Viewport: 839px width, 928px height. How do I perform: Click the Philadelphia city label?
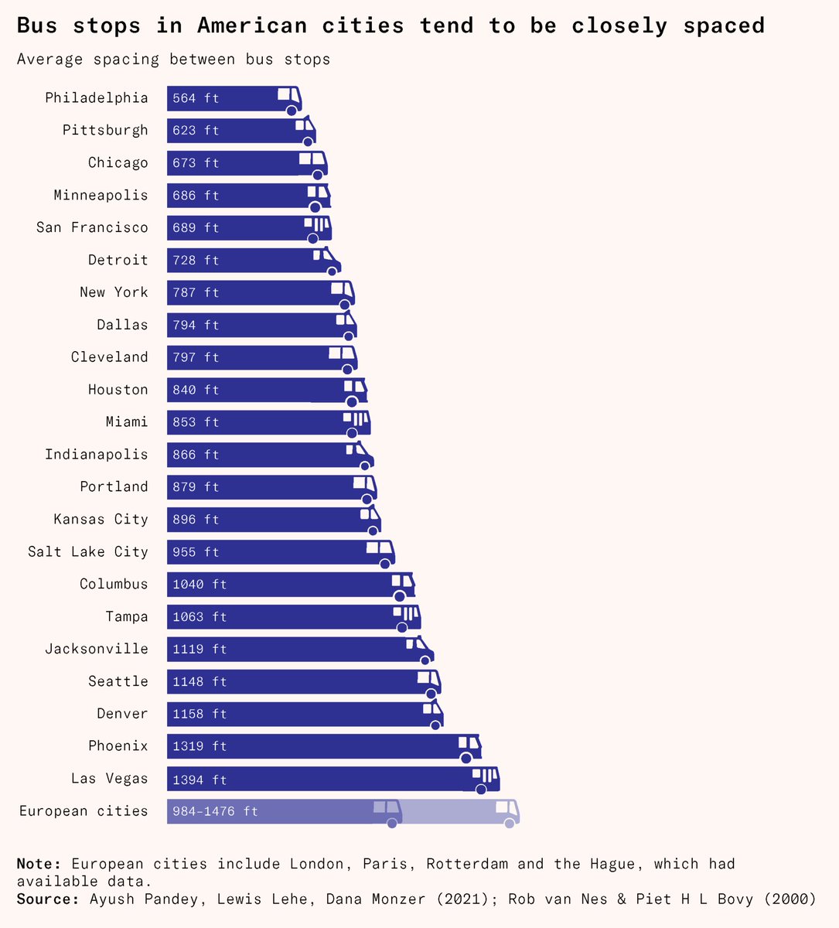(96, 97)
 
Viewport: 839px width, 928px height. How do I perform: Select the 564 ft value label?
(196, 98)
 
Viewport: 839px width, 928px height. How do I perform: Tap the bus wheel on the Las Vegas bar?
(481, 789)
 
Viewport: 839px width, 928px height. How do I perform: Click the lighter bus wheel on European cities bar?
(509, 824)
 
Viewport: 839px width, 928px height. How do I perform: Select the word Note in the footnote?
(38, 864)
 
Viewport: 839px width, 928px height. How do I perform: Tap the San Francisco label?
(92, 227)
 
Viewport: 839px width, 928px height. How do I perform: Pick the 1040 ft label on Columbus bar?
(200, 585)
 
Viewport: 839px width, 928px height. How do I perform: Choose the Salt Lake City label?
(87, 551)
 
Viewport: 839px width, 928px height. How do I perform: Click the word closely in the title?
(619, 26)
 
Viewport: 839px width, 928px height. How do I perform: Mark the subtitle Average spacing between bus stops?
(173, 60)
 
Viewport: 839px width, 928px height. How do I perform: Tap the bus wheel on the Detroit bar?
(332, 271)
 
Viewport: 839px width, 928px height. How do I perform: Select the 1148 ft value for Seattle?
(200, 681)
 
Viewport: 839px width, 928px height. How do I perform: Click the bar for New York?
(255, 292)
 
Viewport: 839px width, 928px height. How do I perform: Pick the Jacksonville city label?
(96, 649)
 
